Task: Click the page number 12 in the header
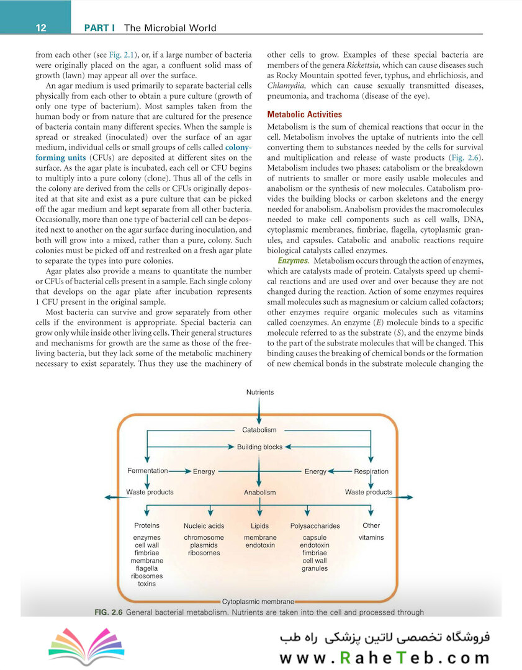click(x=42, y=27)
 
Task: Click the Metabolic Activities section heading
click(x=304, y=114)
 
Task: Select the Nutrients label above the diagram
click(x=259, y=392)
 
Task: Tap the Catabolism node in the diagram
click(x=259, y=430)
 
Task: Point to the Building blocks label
click(x=259, y=447)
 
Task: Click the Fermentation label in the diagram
click(x=148, y=471)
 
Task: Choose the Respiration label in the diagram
click(x=371, y=471)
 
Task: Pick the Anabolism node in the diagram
click(x=259, y=493)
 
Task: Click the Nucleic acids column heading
click(x=204, y=526)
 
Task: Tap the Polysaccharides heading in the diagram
click(x=315, y=526)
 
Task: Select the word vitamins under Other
click(x=371, y=538)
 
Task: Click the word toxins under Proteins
click(x=147, y=584)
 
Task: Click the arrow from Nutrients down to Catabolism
click(x=259, y=411)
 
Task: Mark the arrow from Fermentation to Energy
click(x=180, y=471)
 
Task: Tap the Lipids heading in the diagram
click(x=259, y=526)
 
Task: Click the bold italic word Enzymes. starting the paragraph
click(x=294, y=261)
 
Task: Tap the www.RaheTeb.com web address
click(x=385, y=658)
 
